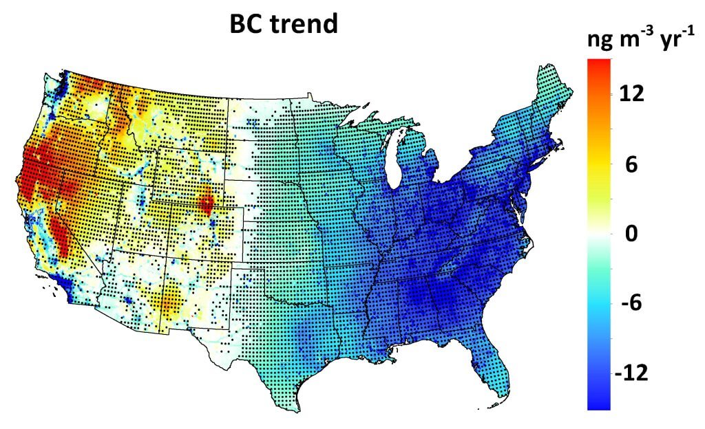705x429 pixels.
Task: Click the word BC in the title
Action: tap(247, 25)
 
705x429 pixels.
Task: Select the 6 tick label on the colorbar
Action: tap(631, 165)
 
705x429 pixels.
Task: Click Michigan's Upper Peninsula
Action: tap(372, 131)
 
